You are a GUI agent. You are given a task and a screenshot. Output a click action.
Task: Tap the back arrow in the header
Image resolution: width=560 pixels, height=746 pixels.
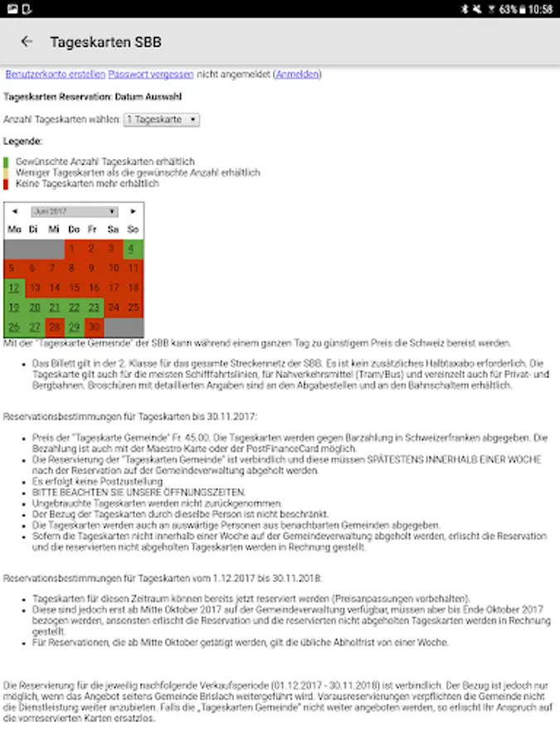(x=27, y=41)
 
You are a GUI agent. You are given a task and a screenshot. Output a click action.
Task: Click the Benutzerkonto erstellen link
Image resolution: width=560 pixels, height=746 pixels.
(x=54, y=75)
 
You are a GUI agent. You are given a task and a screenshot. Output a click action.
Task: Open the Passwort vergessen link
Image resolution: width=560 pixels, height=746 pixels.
(x=151, y=75)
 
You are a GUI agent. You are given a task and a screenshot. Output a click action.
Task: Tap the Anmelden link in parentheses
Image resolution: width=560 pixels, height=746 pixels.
(x=296, y=75)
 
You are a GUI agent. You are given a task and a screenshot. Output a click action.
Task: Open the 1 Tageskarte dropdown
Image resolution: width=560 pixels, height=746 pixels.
(x=162, y=120)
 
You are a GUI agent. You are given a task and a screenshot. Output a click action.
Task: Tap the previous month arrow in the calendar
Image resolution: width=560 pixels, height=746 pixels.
(x=14, y=211)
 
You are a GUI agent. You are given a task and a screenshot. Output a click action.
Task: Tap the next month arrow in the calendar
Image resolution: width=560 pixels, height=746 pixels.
(x=134, y=211)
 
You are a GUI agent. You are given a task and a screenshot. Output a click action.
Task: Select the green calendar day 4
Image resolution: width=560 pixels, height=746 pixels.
(x=132, y=249)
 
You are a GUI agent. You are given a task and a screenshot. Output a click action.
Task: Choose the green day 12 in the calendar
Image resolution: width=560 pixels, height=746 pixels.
(x=14, y=288)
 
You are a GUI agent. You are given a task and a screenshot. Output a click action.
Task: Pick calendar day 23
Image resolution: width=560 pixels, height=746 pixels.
(x=93, y=308)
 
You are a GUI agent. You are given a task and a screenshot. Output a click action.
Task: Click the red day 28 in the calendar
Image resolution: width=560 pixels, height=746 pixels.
(x=54, y=327)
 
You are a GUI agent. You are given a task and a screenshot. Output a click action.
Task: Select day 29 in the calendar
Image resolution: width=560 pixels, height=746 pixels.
(x=74, y=327)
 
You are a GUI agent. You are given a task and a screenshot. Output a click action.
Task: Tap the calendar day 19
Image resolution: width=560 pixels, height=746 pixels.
(x=14, y=308)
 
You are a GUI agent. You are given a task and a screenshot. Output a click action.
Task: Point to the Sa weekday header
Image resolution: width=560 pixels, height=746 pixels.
(x=113, y=229)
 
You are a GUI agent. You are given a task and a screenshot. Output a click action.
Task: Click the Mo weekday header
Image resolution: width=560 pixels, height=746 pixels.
(x=14, y=229)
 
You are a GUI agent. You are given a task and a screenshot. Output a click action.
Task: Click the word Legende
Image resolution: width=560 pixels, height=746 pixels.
(x=22, y=142)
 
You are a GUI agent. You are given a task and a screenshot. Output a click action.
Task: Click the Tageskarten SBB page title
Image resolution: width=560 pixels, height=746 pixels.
(x=105, y=41)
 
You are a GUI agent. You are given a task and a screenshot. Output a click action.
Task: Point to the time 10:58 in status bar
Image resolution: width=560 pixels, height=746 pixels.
(x=540, y=9)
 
